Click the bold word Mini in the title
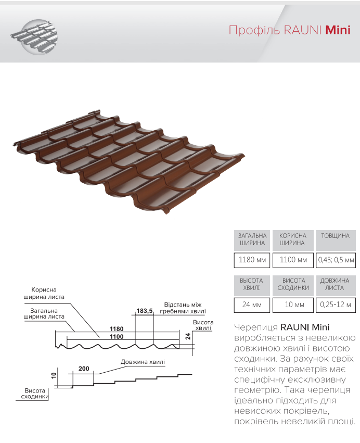338,30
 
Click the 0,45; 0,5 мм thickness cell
336,259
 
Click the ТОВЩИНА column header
336,236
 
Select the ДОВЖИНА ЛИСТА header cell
336,284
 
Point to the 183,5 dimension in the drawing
144,311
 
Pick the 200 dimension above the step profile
83,369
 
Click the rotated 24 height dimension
188,337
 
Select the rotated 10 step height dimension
54,376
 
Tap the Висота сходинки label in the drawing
35,394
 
